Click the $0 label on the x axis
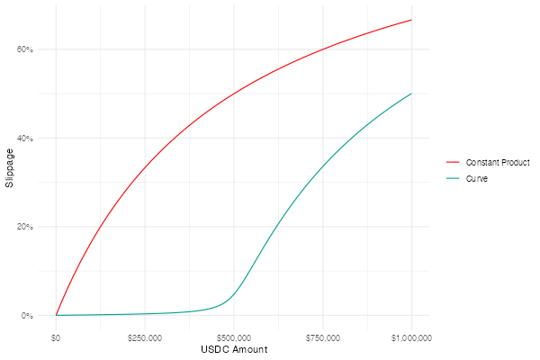click(56, 337)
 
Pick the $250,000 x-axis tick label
click(145, 337)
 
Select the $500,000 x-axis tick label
click(234, 337)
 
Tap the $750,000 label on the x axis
click(323, 337)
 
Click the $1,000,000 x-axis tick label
click(411, 337)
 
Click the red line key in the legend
click(453, 162)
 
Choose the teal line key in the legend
click(453, 178)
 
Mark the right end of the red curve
click(411, 20)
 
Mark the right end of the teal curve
click(411, 94)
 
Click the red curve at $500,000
click(234, 94)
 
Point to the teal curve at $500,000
click(234, 293)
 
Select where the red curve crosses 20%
click(100, 227)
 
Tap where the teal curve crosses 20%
click(278, 227)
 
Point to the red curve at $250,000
click(145, 167)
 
